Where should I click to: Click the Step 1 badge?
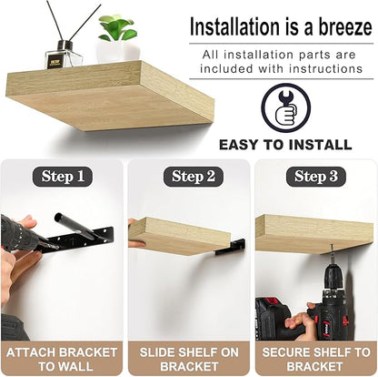tap(62, 177)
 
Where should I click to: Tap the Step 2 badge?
tap(194, 177)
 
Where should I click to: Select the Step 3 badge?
tap(316, 177)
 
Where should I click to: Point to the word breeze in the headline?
tap(345, 27)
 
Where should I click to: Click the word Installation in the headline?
tap(234, 27)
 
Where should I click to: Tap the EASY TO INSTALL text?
tap(285, 144)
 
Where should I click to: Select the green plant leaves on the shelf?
tap(117, 28)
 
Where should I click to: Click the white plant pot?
tap(118, 52)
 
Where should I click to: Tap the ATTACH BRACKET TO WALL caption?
tap(62, 360)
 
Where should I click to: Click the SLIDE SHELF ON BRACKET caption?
tap(189, 360)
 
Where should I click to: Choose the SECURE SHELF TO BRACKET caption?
tap(316, 360)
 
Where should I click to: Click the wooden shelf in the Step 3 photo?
tap(313, 234)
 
